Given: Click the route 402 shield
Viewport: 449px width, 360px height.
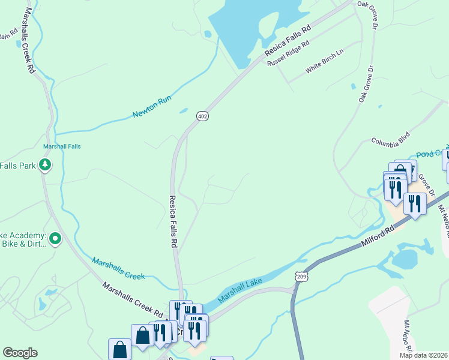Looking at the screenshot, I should point(203,116).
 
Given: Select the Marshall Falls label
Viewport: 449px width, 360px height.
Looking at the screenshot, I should point(62,146).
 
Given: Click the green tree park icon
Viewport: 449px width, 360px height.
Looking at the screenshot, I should point(44,164).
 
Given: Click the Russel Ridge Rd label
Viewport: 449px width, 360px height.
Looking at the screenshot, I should point(288,53).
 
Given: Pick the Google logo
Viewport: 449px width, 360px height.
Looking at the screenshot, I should point(20,353).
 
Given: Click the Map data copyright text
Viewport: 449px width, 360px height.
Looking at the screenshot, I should point(424,355).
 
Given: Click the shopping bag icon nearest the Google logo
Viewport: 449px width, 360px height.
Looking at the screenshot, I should point(119,349).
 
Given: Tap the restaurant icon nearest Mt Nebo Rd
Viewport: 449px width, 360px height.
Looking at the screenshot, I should point(415,203).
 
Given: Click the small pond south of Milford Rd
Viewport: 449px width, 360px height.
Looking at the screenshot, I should point(405,259).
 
